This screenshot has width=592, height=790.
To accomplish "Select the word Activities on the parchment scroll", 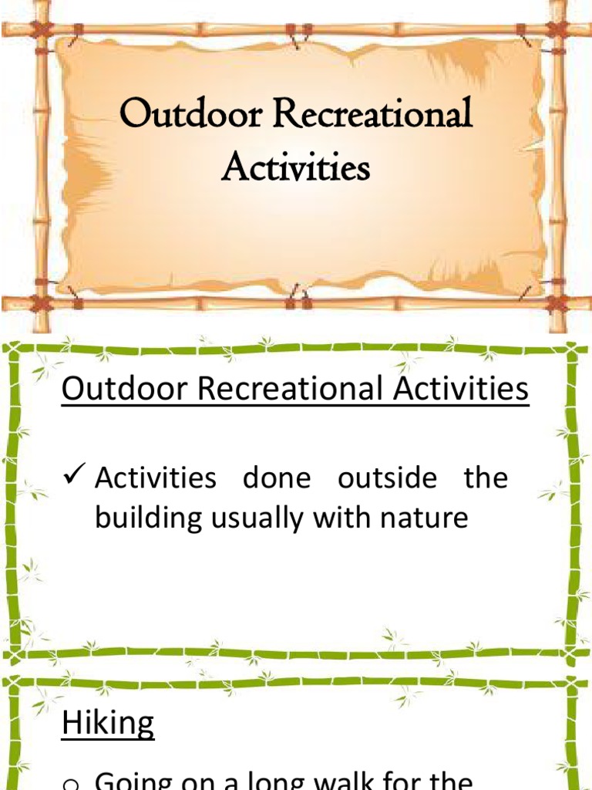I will (295, 167).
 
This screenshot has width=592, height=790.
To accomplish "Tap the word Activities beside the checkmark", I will (156, 478).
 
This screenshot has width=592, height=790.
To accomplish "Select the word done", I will (277, 478).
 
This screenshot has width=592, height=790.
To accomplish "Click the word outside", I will (387, 478).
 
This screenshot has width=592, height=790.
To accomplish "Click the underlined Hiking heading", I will (108, 724).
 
